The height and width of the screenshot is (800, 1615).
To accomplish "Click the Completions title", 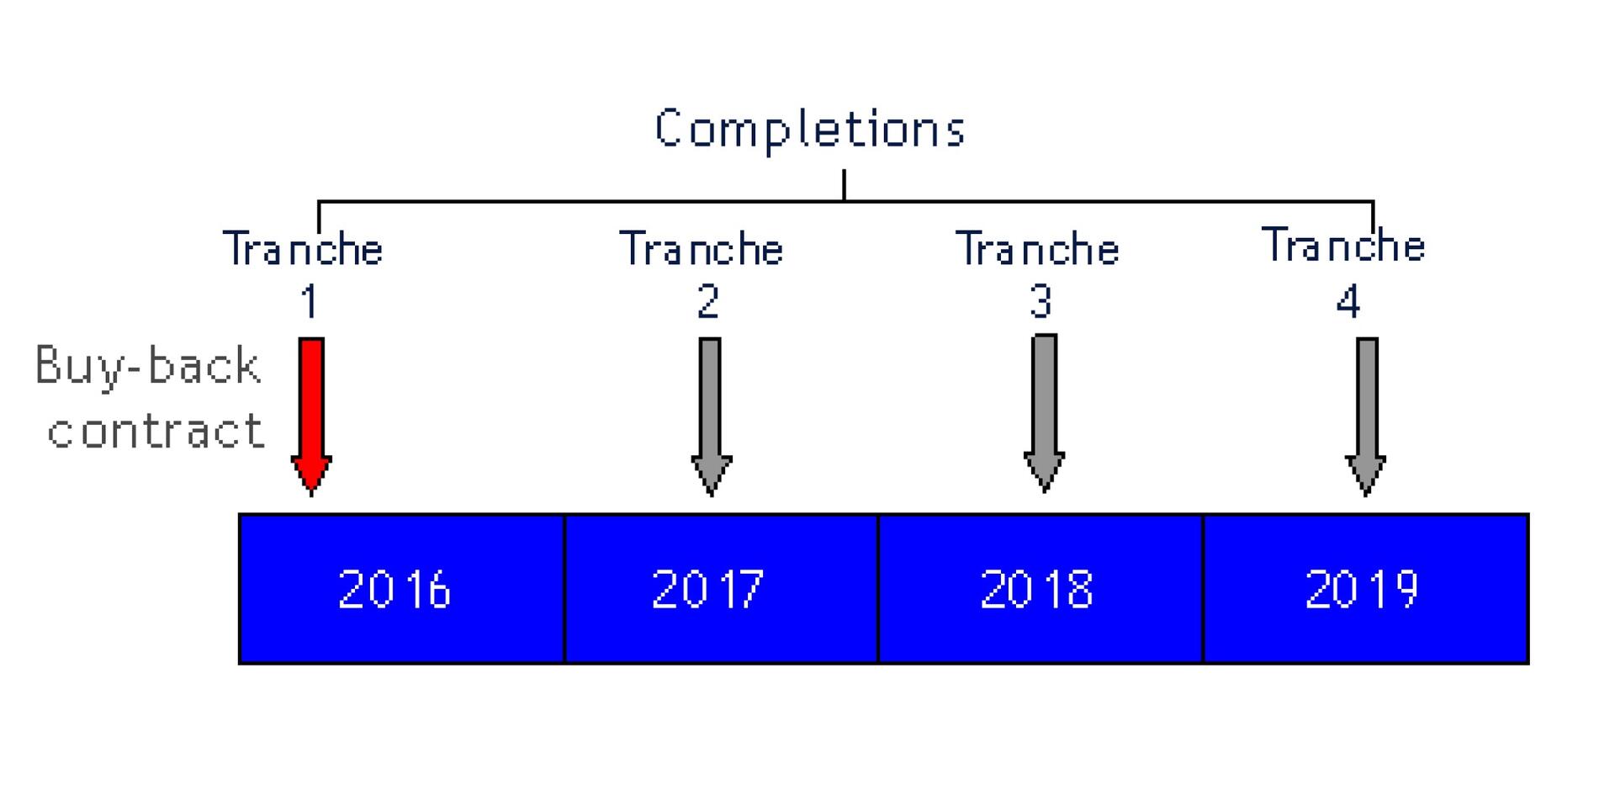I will coord(809,130).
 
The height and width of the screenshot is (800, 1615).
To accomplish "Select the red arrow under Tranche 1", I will coord(311,412).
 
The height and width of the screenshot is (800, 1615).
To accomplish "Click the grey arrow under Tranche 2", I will coord(711,412).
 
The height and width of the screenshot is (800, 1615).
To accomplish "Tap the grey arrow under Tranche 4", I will coord(1366,412).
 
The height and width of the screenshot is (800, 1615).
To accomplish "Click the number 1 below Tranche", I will coord(310,301).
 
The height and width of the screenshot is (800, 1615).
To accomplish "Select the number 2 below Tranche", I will coord(708,301).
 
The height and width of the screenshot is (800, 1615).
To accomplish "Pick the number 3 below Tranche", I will coord(1041,301).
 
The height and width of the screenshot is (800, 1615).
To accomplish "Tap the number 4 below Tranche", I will coord(1348,301).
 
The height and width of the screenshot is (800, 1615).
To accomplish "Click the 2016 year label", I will coord(394,589).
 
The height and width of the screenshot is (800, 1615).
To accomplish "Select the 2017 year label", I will coord(708,589).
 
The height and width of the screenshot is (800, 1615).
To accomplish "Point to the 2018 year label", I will coord(1037,589).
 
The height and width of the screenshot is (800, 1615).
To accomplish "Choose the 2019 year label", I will coord(1362,589).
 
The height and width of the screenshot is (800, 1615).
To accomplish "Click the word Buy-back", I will coord(148,367).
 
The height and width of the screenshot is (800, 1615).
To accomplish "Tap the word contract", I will coord(156,431).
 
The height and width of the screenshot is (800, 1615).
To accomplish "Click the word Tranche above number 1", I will coord(303,249).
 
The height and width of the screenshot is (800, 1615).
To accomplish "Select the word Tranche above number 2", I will coord(702,249).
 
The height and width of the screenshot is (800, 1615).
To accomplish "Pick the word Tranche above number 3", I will coord(1037,249).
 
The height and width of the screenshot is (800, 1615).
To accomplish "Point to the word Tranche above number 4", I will coord(1343,246).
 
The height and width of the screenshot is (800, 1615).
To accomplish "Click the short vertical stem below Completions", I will coord(844,185).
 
